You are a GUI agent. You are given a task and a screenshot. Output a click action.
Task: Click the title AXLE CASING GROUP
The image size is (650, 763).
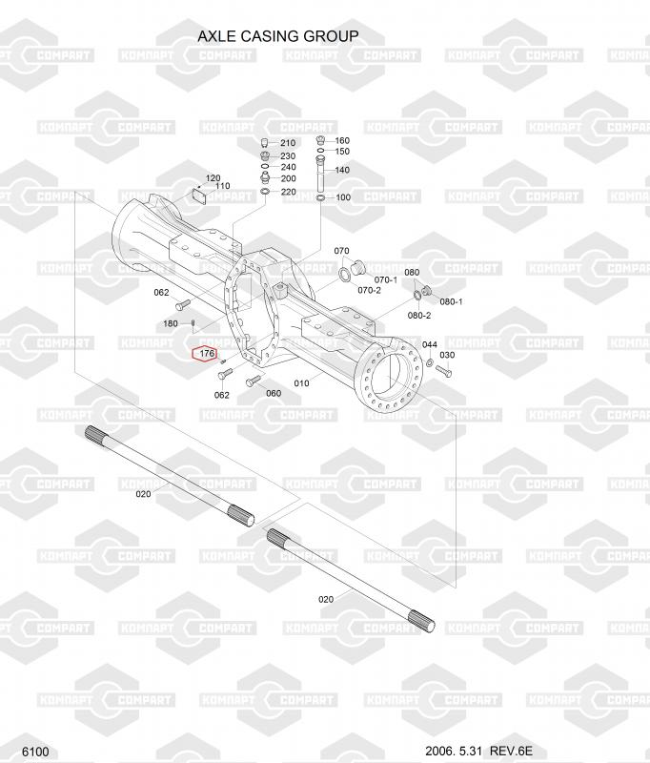[x=278, y=36]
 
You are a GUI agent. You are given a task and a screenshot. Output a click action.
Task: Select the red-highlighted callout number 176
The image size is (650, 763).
[x=207, y=353]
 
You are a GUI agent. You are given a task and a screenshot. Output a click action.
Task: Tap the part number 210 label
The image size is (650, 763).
[x=288, y=143]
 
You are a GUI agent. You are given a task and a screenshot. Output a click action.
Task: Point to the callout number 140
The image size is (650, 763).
[x=342, y=170]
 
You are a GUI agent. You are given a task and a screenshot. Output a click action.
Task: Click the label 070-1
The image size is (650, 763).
[x=386, y=279]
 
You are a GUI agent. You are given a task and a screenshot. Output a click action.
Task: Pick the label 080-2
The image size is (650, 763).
[x=419, y=316]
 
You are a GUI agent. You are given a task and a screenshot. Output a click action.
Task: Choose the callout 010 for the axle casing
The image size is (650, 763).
[x=301, y=383]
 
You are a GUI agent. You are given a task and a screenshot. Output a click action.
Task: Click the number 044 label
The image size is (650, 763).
[x=430, y=344]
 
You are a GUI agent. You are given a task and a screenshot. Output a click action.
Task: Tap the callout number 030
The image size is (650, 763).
[x=447, y=355]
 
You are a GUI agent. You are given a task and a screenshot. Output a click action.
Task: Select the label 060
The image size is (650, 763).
[x=274, y=393]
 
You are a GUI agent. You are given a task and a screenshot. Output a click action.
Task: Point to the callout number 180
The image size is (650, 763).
[x=171, y=323]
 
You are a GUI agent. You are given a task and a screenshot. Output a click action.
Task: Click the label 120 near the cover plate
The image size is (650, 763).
[x=213, y=178]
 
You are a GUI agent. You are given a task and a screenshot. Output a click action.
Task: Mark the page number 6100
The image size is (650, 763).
[x=35, y=752]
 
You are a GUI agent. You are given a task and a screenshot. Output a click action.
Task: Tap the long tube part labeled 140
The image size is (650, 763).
[x=320, y=175]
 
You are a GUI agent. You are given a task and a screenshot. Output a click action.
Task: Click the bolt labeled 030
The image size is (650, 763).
[x=444, y=372]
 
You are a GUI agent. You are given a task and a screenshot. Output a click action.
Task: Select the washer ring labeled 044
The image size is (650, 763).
[x=430, y=362]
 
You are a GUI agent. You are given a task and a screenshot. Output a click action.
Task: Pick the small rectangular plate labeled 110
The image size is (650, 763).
[x=198, y=196]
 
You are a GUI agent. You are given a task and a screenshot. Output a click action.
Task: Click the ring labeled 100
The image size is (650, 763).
[x=321, y=197]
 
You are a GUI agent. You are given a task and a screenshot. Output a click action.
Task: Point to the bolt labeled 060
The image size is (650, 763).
[x=254, y=381]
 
